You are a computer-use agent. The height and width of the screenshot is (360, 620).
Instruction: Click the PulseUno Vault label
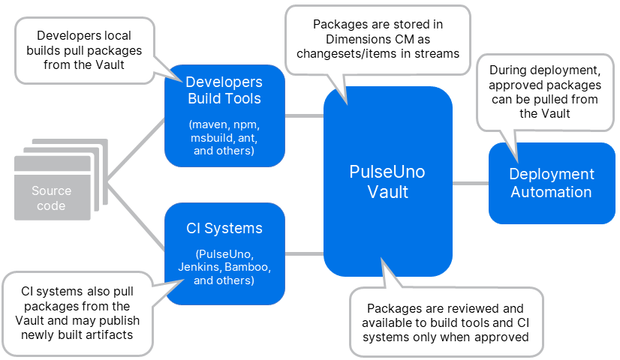tap(387, 181)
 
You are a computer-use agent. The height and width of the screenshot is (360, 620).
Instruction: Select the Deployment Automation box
tap(551, 183)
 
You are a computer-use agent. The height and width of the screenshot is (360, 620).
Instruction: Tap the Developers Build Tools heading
tap(224, 90)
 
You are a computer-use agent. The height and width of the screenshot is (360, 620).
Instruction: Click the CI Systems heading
tap(224, 227)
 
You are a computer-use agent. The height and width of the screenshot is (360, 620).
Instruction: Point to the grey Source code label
tap(52, 199)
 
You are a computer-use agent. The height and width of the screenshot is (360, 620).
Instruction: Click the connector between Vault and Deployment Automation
tap(470, 182)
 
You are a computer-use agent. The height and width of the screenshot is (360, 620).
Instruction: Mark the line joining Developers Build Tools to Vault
tap(304, 115)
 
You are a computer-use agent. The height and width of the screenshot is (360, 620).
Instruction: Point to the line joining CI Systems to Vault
tap(304, 253)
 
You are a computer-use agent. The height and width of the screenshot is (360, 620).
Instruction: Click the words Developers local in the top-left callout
tap(84, 36)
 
